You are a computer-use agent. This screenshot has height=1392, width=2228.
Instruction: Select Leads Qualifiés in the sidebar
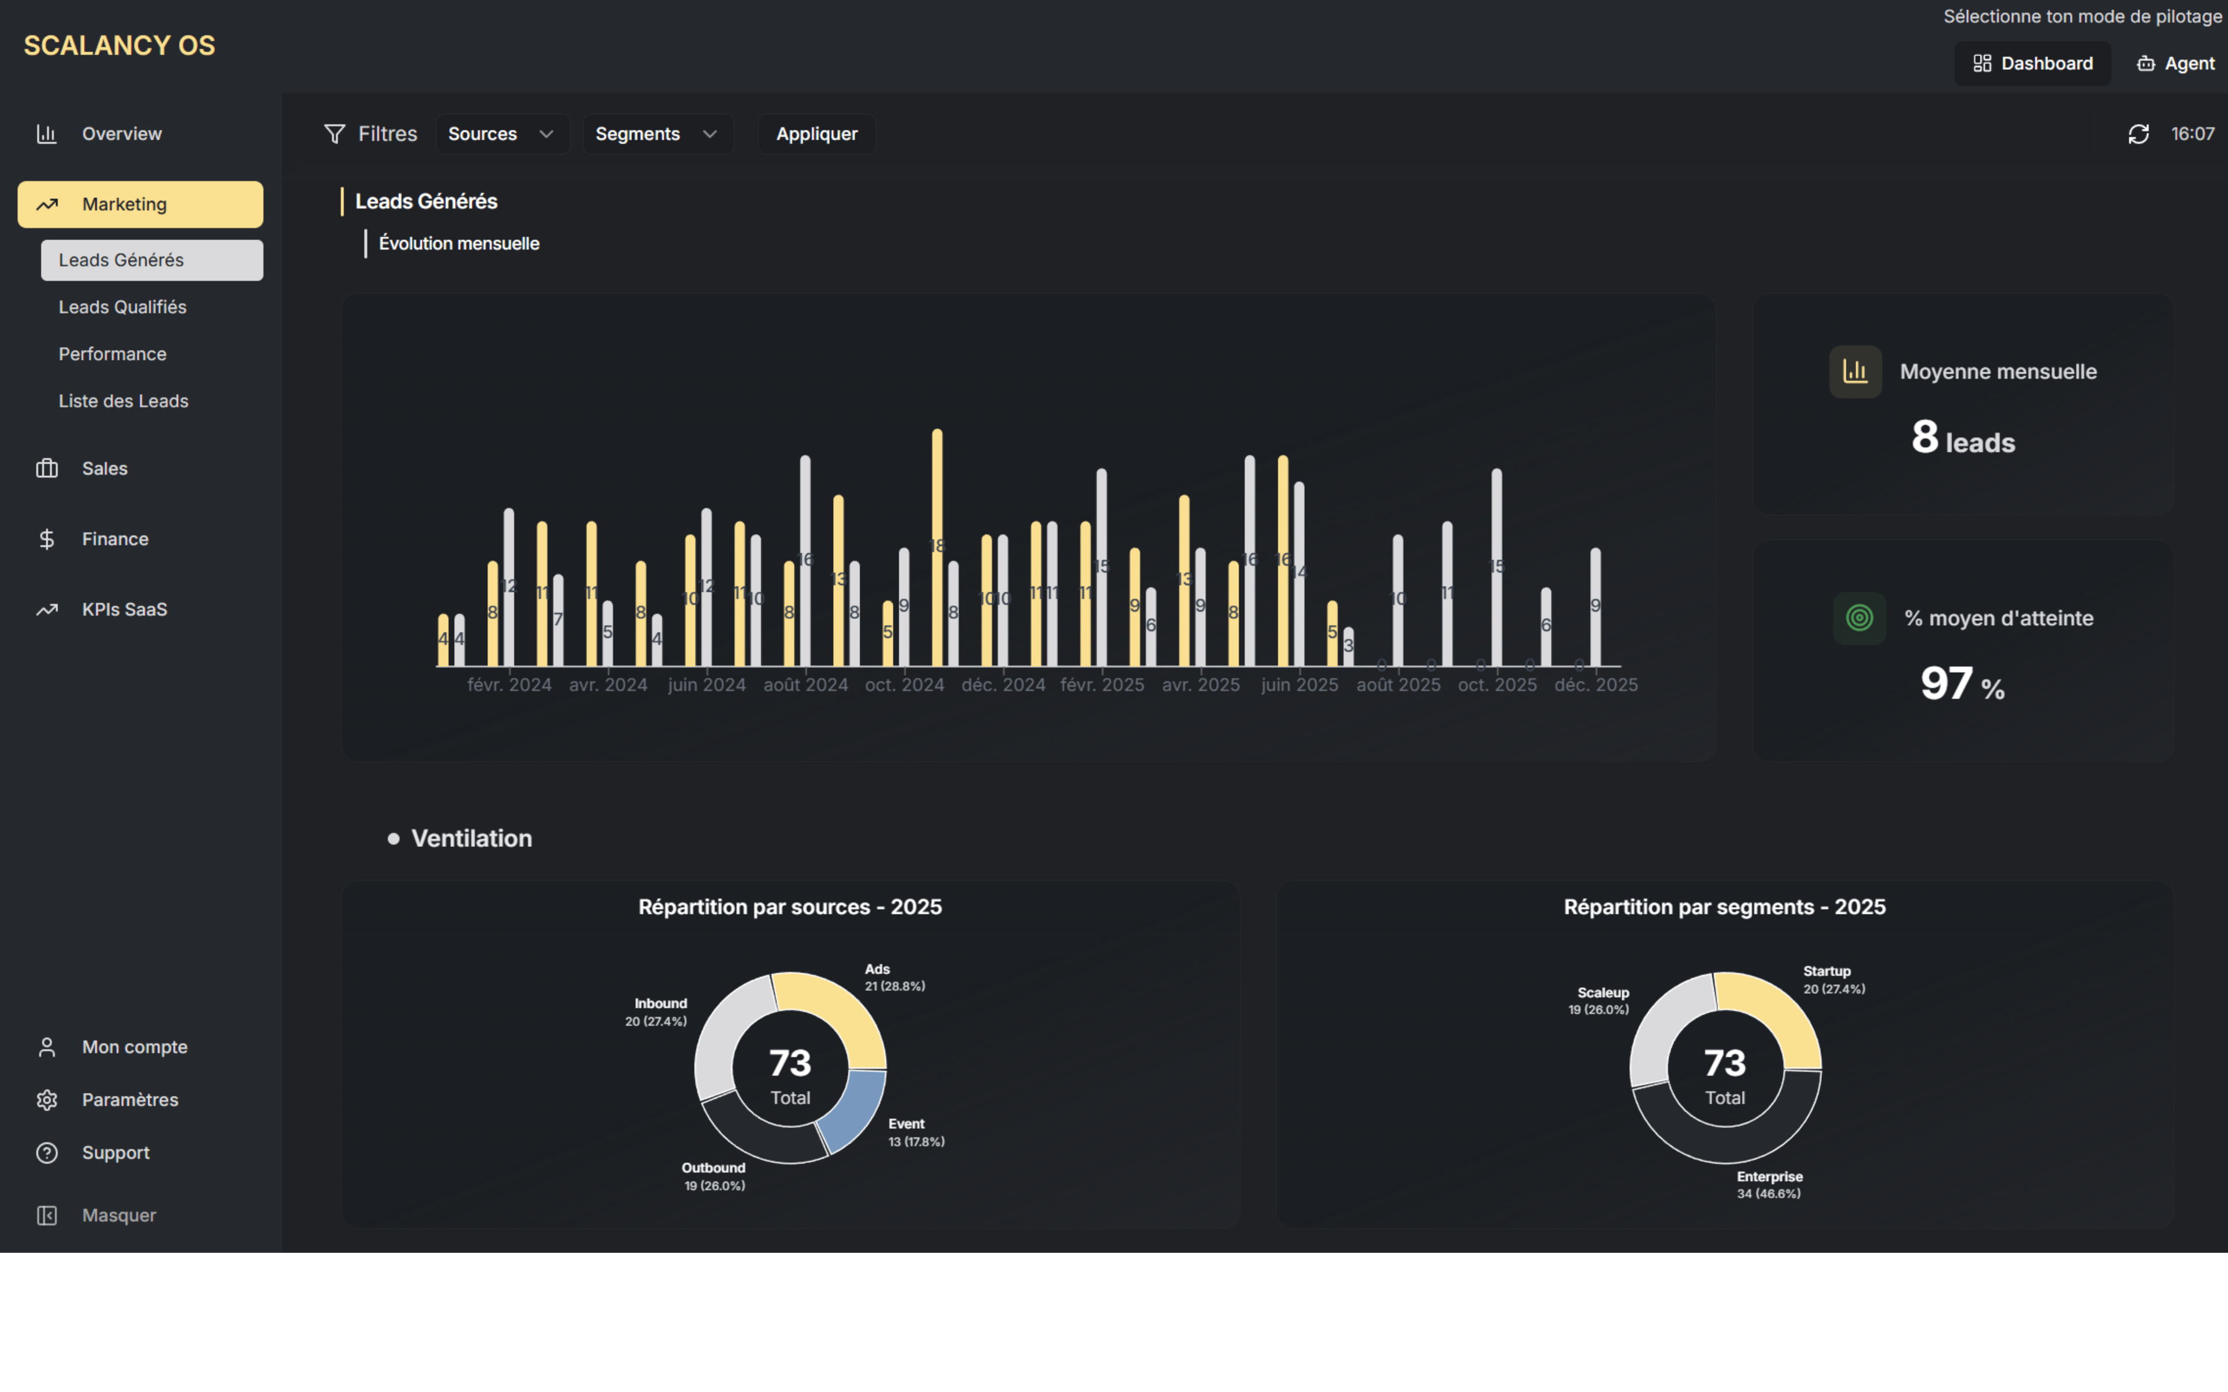122,307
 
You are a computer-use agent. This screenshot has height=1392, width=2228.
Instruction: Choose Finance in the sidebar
114,539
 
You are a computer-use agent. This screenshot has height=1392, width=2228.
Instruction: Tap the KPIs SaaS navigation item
124,610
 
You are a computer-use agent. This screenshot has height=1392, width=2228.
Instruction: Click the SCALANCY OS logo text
120,46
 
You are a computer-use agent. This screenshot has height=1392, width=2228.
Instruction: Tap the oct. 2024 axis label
904,685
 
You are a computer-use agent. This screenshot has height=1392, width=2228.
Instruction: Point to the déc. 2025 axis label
1596,685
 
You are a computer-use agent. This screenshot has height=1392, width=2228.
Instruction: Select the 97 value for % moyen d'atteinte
1946,684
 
